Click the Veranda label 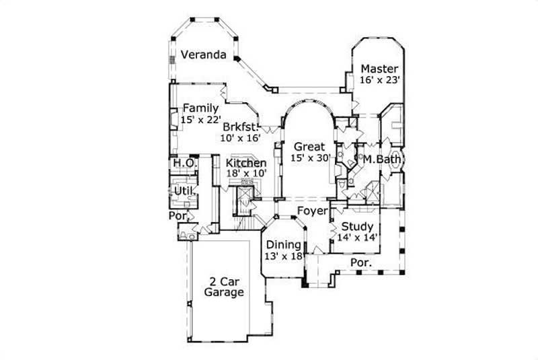pos(202,55)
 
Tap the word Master pos(379,69)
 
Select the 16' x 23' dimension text pos(380,79)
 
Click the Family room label pos(200,108)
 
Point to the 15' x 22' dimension pos(200,119)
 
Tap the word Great pos(309,147)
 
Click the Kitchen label pos(245,164)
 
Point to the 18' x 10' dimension pos(246,174)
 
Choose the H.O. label pos(184,164)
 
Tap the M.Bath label pos(383,159)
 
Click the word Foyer pos(312,212)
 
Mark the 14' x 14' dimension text pos(356,237)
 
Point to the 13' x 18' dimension pos(283,256)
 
